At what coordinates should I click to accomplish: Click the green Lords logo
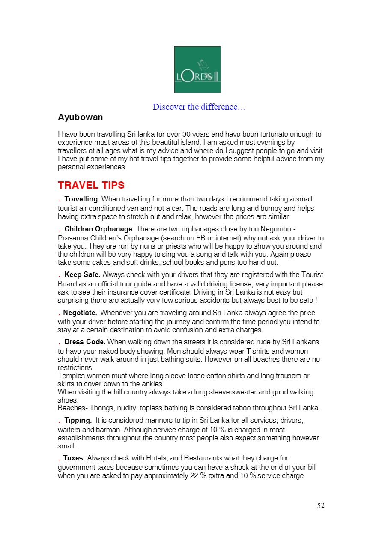pyautogui.click(x=197, y=69)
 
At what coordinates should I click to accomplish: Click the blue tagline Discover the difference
pyautogui.click(x=199, y=107)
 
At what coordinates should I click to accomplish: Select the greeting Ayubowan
pyautogui.click(x=80, y=117)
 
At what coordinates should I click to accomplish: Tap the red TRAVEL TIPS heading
pyautogui.click(x=91, y=185)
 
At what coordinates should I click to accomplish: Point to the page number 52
pyautogui.click(x=321, y=505)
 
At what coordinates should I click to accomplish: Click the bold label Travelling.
pyautogui.click(x=82, y=199)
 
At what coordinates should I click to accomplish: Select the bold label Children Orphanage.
pyautogui.click(x=99, y=229)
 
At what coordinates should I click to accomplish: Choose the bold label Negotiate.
pyautogui.click(x=80, y=313)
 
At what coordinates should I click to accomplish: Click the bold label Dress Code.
pyautogui.click(x=84, y=342)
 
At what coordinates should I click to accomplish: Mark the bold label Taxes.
pyautogui.click(x=74, y=458)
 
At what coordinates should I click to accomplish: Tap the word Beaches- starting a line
pyautogui.click(x=72, y=408)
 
